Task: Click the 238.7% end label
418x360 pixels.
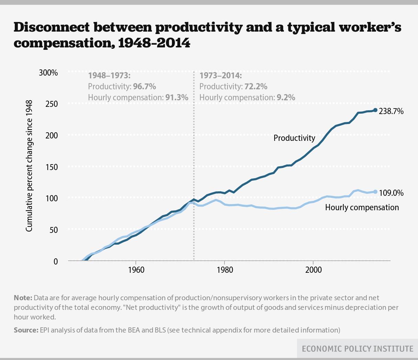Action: (391, 111)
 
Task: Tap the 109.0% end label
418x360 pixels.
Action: (391, 193)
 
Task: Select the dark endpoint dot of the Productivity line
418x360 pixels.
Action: (375, 110)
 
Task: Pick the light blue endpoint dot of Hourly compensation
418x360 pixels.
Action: (375, 192)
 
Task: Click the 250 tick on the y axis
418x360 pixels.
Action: (52, 104)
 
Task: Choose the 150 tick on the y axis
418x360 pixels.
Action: (52, 167)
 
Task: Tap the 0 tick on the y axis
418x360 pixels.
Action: (56, 261)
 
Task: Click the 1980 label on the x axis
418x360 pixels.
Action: (224, 270)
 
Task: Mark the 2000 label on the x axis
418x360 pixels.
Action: (313, 270)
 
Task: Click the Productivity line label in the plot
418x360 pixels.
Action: (294, 138)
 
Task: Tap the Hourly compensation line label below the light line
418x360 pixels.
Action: (362, 207)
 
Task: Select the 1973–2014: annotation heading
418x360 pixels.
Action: (221, 76)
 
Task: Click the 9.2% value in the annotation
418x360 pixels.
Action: (286, 98)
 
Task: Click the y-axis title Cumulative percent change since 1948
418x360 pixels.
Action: (30, 166)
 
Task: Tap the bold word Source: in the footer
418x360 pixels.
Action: (26, 330)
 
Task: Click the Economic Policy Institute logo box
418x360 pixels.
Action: (357, 349)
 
